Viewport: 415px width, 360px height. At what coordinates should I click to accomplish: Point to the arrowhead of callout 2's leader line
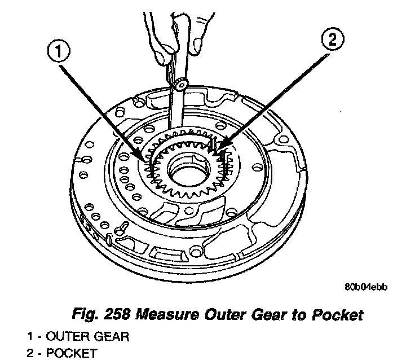point(216,153)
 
